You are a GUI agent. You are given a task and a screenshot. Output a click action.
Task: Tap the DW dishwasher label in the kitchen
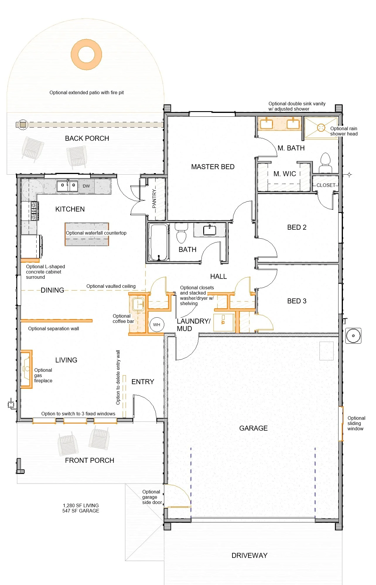point(86,186)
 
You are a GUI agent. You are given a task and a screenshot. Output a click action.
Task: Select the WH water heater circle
point(157,324)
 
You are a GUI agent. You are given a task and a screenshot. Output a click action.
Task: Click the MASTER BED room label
point(213,167)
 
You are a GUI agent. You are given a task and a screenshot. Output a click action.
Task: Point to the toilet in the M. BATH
point(325,163)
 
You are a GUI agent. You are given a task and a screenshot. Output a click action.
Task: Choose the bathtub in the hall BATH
point(159,242)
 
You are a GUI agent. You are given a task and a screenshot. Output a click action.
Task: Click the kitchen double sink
point(67,186)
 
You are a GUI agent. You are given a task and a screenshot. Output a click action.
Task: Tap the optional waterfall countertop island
point(87,234)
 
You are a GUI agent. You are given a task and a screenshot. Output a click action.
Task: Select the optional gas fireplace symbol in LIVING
point(27,369)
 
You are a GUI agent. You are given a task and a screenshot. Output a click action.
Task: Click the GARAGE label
point(254,428)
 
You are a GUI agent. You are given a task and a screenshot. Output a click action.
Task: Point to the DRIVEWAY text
point(249,555)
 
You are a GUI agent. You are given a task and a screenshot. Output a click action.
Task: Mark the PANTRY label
point(154,199)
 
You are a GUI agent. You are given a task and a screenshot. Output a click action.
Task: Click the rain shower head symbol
point(321,128)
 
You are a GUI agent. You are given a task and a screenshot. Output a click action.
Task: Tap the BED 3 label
point(297,301)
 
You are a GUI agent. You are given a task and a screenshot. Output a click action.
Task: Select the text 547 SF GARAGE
point(81,511)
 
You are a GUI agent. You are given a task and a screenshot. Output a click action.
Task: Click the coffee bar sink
point(138,304)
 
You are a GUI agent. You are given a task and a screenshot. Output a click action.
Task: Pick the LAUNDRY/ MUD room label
point(194,325)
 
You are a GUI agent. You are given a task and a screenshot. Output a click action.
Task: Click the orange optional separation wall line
point(57,321)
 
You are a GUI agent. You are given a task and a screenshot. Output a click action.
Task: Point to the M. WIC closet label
point(285,174)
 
